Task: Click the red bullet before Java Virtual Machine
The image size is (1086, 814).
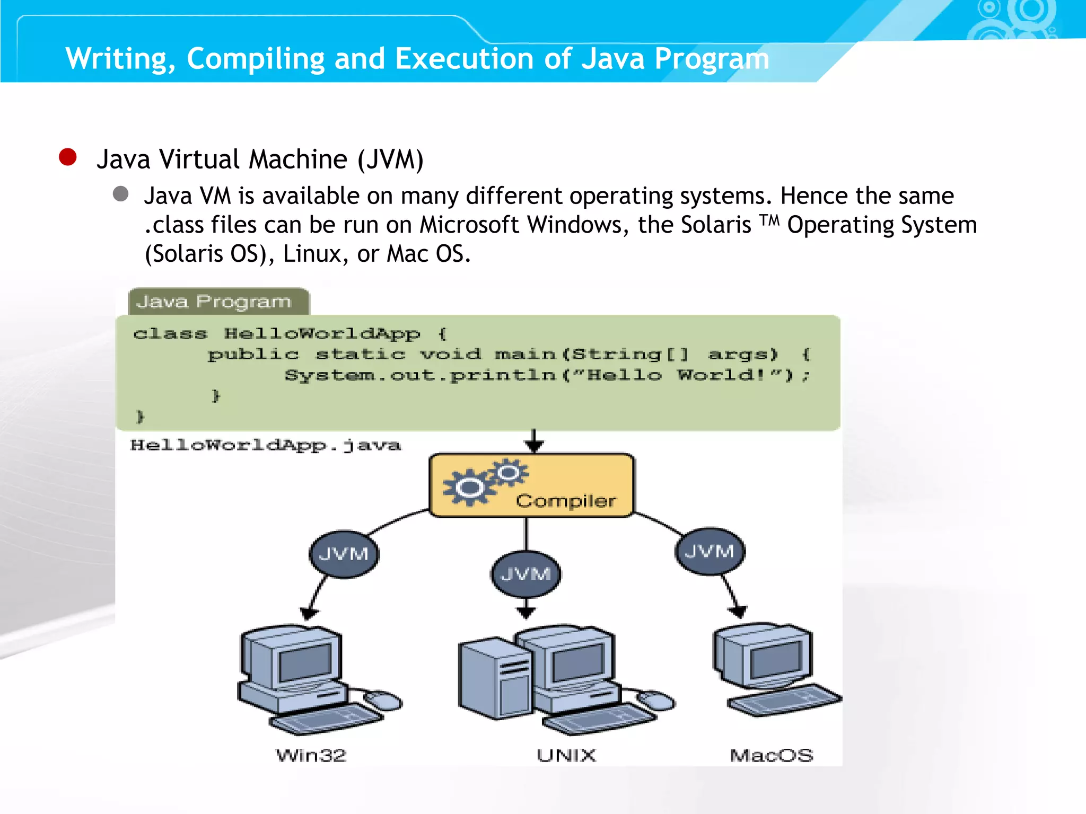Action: (x=68, y=157)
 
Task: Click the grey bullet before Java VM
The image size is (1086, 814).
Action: (x=121, y=194)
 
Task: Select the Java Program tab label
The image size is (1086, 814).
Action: (x=214, y=302)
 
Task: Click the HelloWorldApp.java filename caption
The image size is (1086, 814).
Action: (x=266, y=445)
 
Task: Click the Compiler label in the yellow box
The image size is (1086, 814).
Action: (x=566, y=501)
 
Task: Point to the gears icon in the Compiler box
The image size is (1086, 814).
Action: (x=484, y=481)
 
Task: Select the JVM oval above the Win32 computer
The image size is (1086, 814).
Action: (x=344, y=554)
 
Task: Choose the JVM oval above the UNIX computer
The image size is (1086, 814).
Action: (x=526, y=574)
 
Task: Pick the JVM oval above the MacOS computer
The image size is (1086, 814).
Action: (x=710, y=551)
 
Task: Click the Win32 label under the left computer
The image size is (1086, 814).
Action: (x=311, y=755)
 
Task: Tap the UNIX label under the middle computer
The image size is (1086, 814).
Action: (x=566, y=755)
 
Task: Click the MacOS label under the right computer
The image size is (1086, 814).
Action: (x=772, y=755)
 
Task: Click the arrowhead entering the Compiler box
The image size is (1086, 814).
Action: (x=534, y=447)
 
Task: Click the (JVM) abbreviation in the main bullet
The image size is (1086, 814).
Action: (x=391, y=159)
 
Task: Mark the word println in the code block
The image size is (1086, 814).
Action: (x=503, y=375)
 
